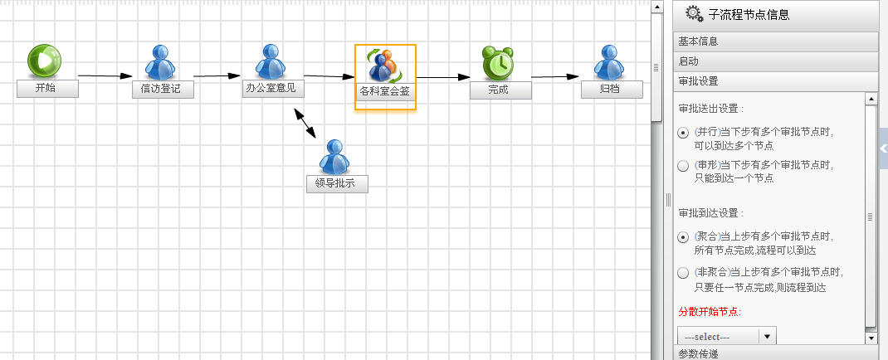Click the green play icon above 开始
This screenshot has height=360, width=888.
[44, 61]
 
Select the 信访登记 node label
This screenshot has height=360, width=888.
[163, 90]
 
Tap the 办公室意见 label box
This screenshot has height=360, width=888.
[274, 88]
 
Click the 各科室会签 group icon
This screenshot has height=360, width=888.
[385, 65]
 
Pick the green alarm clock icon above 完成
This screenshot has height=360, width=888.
[499, 63]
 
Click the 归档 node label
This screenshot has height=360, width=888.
[612, 90]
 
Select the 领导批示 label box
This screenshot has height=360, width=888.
[337, 184]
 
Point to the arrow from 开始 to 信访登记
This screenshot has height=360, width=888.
[105, 75]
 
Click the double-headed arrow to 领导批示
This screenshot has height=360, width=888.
[305, 123]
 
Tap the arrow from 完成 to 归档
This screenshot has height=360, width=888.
[555, 76]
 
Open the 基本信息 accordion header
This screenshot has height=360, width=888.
[775, 41]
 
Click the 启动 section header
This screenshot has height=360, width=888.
[775, 61]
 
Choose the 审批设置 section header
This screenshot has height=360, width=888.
[775, 81]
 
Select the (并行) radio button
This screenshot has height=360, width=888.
[684, 133]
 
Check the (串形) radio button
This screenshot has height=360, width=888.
[684, 166]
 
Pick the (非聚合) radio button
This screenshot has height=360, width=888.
[684, 273]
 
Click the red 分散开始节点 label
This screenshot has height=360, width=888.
[710, 311]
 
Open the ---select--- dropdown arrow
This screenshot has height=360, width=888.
[768, 336]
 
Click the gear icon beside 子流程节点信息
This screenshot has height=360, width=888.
[694, 13]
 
